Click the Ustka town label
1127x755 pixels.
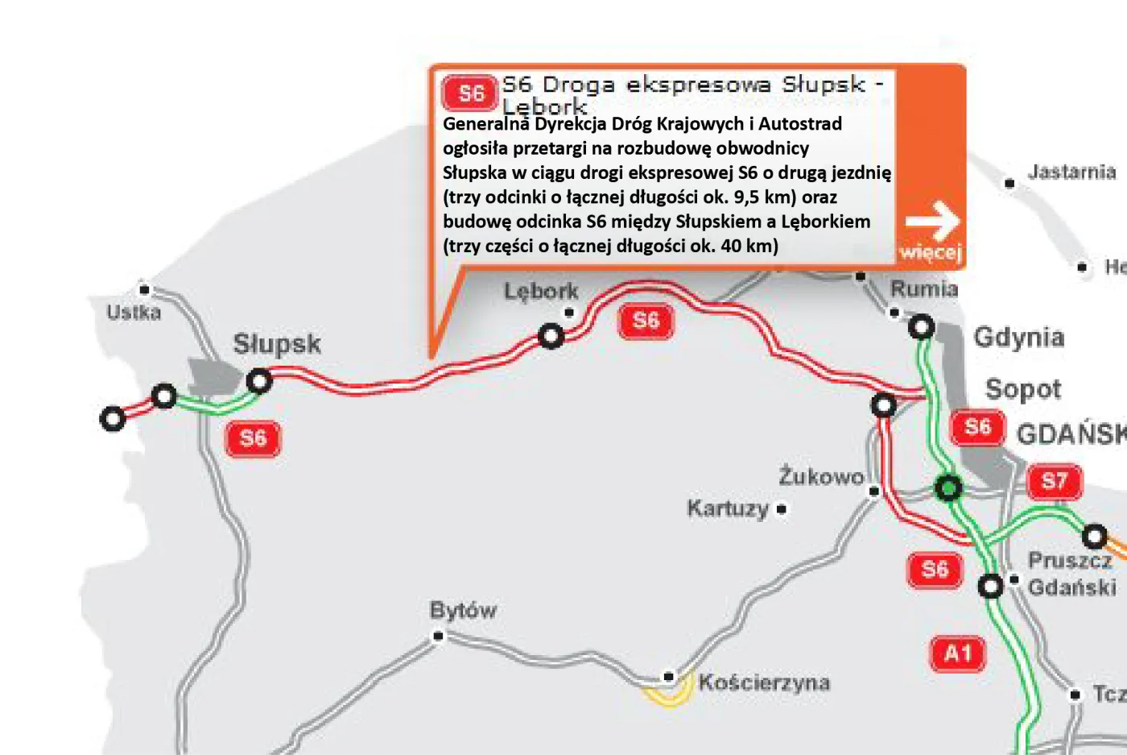(x=134, y=313)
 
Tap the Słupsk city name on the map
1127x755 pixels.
(x=277, y=345)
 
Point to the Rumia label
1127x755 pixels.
(x=924, y=289)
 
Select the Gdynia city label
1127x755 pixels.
(x=1019, y=338)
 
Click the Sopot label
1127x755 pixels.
(x=1023, y=390)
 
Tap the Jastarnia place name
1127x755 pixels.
(x=1071, y=172)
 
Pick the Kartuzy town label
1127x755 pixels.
(x=728, y=508)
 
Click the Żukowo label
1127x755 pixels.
(x=821, y=477)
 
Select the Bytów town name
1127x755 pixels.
(x=463, y=611)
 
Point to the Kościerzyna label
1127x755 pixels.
(x=764, y=683)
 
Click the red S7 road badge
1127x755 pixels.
(x=1055, y=482)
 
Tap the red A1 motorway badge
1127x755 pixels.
(x=957, y=653)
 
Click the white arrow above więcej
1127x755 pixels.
(x=932, y=221)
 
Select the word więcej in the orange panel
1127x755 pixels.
(x=931, y=252)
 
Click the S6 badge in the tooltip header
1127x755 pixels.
(x=470, y=93)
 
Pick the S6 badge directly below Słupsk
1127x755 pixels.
(x=253, y=438)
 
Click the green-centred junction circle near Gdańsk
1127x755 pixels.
(x=948, y=487)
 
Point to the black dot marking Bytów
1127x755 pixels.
(x=439, y=636)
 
